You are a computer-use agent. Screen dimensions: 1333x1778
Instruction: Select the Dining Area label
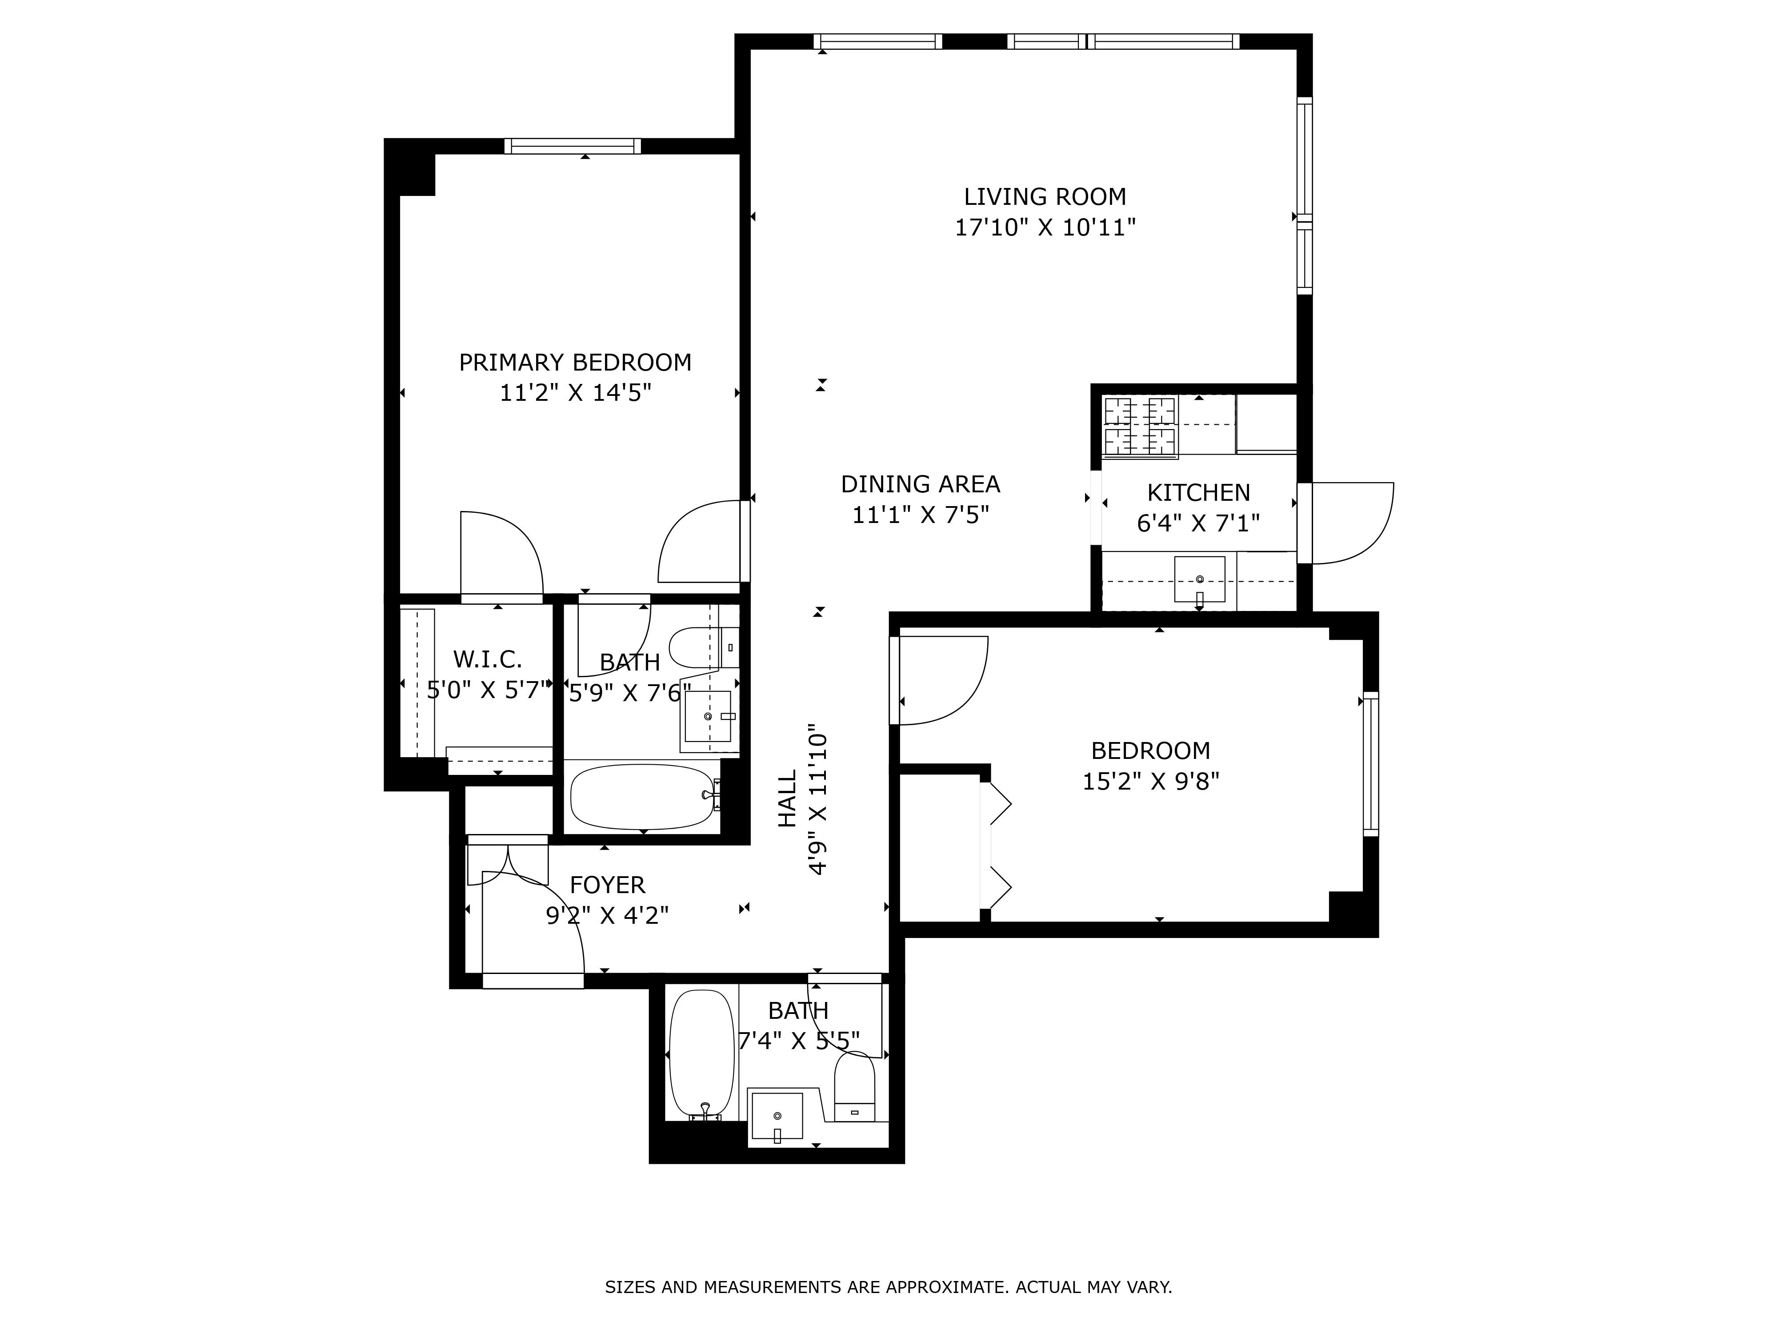[x=921, y=484]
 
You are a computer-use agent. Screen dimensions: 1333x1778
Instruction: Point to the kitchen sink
[x=1199, y=579]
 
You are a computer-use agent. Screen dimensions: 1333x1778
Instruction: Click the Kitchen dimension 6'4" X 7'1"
[x=1197, y=523]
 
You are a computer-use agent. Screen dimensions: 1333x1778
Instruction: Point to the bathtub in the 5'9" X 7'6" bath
[x=641, y=796]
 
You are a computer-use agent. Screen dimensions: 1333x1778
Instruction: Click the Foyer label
[x=607, y=885]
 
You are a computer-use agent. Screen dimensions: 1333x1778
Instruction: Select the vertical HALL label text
[x=788, y=798]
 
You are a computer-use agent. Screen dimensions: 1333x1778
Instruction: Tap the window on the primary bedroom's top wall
[x=573, y=146]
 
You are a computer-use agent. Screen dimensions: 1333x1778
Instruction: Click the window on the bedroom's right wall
[x=1371, y=763]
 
